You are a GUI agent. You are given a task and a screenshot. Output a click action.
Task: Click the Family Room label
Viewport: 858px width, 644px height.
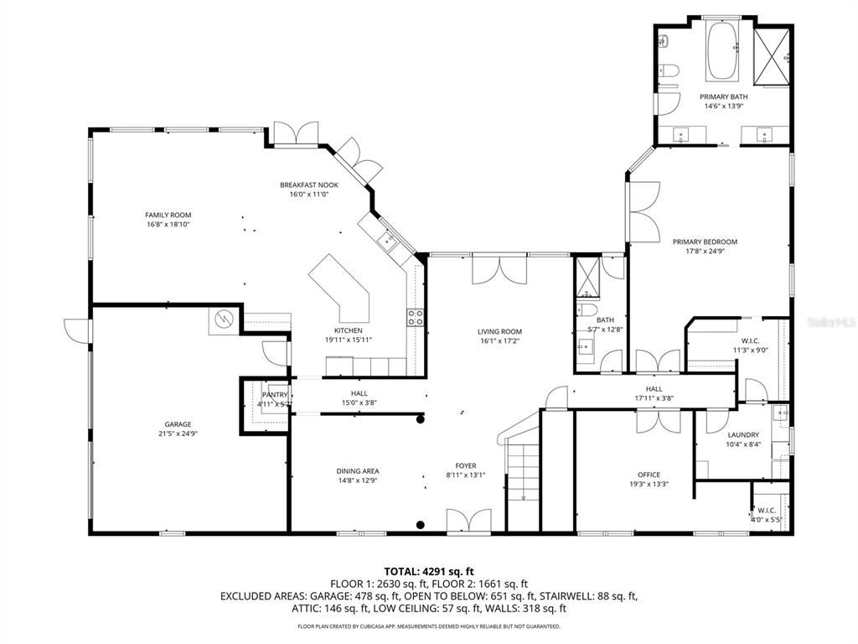(x=163, y=216)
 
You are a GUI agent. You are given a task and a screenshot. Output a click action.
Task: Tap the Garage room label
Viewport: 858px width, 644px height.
(x=178, y=424)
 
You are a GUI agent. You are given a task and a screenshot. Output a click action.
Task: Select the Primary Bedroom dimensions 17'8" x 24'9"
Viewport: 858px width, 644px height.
(x=705, y=251)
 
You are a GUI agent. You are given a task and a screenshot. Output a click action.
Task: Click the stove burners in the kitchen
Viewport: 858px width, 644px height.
(x=415, y=316)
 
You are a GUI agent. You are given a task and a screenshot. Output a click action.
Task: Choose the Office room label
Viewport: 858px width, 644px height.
(x=649, y=475)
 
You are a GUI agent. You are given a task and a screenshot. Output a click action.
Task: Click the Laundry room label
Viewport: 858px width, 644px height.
(x=742, y=434)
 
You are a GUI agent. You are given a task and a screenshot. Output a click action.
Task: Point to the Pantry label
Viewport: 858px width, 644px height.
(x=275, y=395)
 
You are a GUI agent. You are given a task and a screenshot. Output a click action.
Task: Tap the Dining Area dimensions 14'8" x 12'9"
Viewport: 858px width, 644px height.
(x=358, y=480)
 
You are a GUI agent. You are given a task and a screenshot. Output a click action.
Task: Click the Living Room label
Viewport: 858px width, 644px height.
(x=499, y=331)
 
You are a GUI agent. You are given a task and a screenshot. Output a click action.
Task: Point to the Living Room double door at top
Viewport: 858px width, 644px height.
(x=499, y=270)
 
